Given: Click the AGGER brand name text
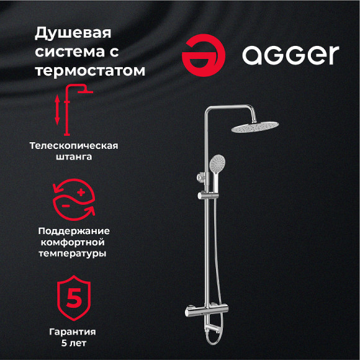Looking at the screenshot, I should click(x=290, y=55).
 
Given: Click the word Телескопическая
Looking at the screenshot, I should click(x=74, y=146).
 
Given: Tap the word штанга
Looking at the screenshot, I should click(x=74, y=158).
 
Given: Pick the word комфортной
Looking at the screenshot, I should click(x=74, y=241).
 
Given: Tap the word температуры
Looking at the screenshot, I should click(x=74, y=253).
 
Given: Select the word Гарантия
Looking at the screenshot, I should click(x=74, y=332).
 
